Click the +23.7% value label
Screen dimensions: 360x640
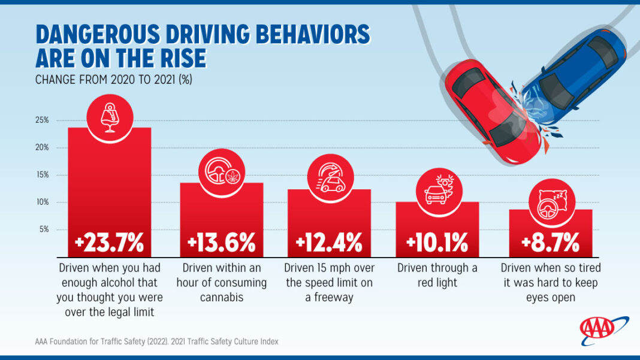109,243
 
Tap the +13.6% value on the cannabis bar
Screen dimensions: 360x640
221,243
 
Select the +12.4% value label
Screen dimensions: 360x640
329,243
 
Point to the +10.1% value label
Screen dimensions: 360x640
437,243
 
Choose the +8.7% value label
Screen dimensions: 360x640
550,243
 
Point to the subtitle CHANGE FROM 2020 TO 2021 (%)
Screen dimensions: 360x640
113,79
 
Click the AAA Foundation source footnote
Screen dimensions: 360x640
156,341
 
